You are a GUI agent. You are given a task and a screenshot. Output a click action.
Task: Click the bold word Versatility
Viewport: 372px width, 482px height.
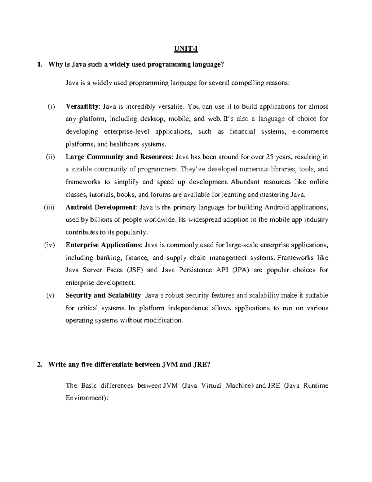[x=82, y=106]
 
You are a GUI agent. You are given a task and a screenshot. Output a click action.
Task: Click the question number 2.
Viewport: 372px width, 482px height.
[x=39, y=365]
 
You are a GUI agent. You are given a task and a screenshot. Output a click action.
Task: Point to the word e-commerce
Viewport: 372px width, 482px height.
[x=310, y=132]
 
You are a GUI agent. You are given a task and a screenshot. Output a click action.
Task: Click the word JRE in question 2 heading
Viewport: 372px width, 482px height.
[x=200, y=365]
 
